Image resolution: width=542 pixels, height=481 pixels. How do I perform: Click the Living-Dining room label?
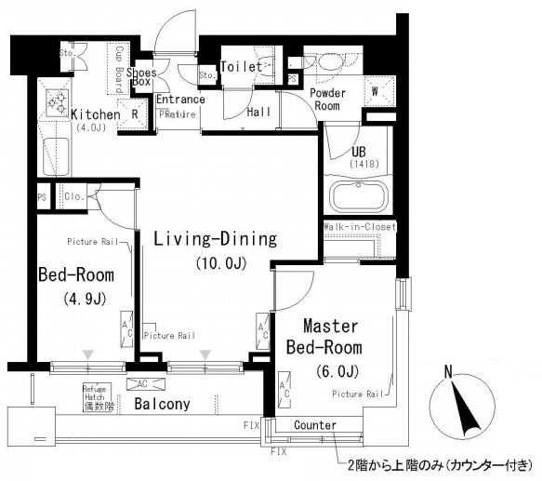click(216, 239)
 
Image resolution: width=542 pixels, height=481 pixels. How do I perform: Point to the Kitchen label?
click(95, 114)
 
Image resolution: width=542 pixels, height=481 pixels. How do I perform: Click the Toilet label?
click(241, 67)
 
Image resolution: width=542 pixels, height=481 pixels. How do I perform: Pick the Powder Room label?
click(327, 99)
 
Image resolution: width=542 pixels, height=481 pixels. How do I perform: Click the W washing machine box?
click(377, 91)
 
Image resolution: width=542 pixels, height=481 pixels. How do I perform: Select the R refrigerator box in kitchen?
click(135, 115)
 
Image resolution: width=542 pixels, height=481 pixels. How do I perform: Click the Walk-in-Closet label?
click(359, 226)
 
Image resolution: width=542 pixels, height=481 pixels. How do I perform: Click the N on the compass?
click(448, 372)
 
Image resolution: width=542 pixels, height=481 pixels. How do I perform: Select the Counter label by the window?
click(314, 425)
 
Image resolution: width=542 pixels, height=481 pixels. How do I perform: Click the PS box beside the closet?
click(42, 197)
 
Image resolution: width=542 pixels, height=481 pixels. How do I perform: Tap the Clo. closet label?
click(73, 197)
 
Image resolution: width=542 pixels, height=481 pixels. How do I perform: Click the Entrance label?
click(180, 100)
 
